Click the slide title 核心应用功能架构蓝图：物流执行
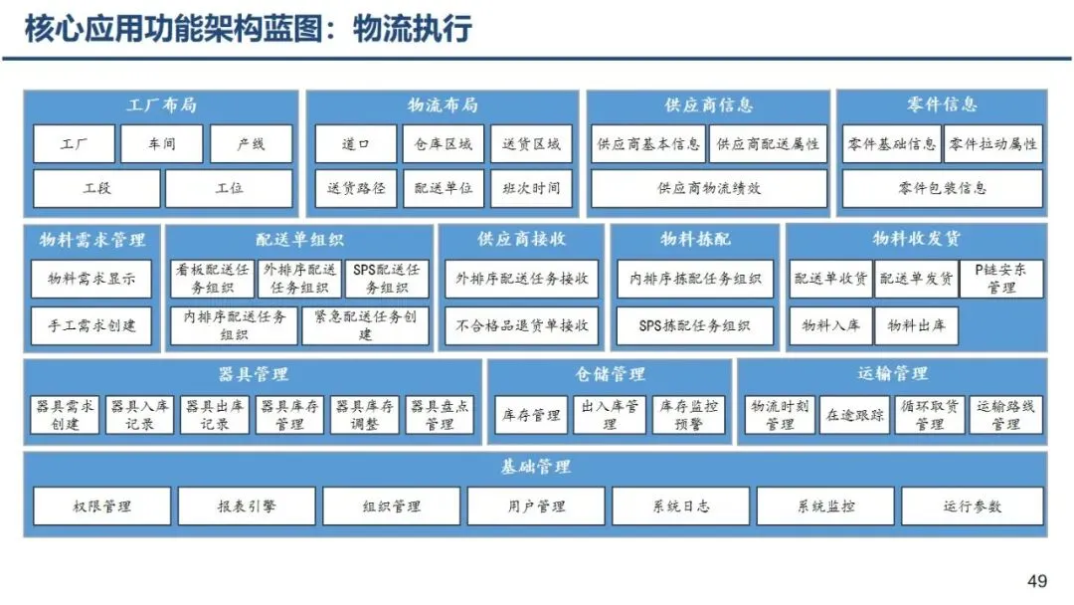pos(248,30)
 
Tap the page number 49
pos(1037,581)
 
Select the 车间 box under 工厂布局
pos(161,144)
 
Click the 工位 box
pos(229,188)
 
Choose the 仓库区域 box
pos(443,144)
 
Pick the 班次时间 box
pos(531,188)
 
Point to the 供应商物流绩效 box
pos(709,188)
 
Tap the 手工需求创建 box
pos(91,325)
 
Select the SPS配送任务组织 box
pos(387,279)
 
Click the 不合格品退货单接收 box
pos(522,325)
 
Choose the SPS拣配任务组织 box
pos(694,325)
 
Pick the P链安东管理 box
pos(1001,279)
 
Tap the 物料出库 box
pos(916,325)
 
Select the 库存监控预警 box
pos(689,415)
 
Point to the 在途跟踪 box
pos(854,415)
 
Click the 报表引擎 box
pos(247,506)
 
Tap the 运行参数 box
pos(972,506)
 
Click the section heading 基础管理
pos(535,467)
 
